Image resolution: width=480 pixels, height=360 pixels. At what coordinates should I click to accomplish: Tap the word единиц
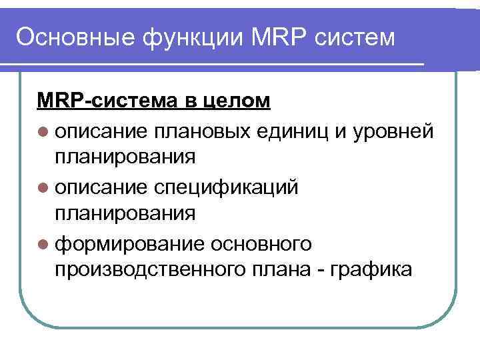[295, 129]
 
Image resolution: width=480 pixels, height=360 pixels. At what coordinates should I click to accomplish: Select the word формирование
[129, 243]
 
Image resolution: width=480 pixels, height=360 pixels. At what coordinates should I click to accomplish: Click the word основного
[261, 243]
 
